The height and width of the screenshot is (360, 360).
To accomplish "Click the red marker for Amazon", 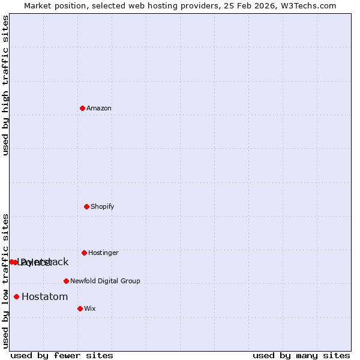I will tap(82, 108).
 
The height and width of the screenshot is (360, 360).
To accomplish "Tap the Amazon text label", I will tap(99, 109).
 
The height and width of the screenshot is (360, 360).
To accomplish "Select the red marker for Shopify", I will tap(86, 206).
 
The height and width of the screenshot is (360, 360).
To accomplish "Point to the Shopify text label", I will tap(103, 207).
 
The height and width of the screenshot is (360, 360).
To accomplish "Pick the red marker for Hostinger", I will tap(84, 253).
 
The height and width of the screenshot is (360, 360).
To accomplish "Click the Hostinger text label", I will tap(103, 253).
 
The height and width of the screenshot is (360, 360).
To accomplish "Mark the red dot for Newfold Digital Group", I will tap(66, 281).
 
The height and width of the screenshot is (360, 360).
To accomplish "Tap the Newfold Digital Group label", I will tap(105, 281).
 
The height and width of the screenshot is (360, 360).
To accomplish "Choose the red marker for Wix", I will tap(80, 308).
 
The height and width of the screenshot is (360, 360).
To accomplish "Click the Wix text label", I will tap(90, 309).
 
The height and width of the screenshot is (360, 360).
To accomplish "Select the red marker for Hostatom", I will tap(16, 296).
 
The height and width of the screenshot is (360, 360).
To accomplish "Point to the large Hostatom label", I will tap(45, 296).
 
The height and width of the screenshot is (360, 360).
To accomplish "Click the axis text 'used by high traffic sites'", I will tap(5, 85).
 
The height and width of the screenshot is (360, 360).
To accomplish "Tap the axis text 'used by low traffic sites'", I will tap(5, 281).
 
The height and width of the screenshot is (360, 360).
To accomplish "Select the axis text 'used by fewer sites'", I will tap(62, 355).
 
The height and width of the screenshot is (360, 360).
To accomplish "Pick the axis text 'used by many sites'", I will tap(301, 355).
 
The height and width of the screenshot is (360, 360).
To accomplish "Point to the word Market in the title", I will tap(37, 5).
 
